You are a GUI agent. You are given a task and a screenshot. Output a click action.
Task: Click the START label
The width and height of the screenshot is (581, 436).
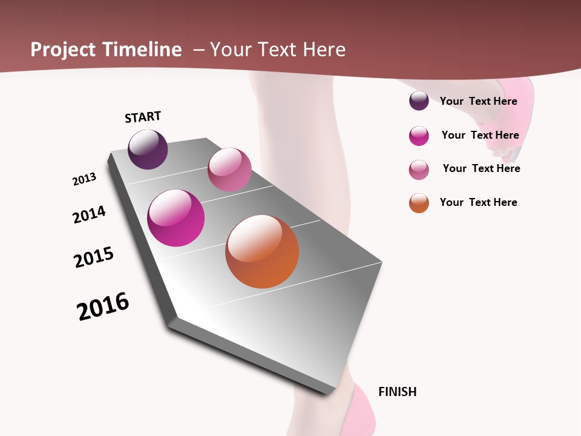tap(143, 117)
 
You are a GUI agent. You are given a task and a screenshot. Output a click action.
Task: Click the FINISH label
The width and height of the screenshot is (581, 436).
tap(397, 392)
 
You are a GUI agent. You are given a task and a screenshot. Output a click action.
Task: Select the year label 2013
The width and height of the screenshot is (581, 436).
tap(84, 179)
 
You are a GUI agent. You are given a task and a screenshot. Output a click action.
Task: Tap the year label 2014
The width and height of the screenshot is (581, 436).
tap(89, 214)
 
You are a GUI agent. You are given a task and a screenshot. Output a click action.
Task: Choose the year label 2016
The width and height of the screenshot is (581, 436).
tap(103, 306)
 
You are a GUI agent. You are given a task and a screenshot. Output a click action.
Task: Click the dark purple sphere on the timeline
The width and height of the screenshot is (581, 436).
tap(148, 150)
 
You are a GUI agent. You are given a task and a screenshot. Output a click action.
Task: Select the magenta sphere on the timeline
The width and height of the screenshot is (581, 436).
tap(176, 218)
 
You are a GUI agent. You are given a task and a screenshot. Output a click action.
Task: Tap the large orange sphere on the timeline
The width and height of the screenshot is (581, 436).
tap(262, 251)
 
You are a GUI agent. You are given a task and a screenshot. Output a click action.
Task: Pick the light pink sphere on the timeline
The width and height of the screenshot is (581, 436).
tap(229, 170)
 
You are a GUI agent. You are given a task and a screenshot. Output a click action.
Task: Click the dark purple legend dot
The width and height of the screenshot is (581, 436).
tap(419, 101)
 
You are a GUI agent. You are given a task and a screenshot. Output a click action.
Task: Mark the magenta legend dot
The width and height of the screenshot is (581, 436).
tap(419, 136)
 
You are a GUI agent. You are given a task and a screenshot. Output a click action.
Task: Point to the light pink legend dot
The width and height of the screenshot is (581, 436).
tap(419, 170)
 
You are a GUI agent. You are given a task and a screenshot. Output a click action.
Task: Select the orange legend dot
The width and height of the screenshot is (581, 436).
tap(419, 203)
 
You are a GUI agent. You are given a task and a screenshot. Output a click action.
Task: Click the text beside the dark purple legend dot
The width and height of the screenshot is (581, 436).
tap(478, 101)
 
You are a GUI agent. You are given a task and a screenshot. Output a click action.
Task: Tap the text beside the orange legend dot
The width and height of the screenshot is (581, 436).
tap(478, 202)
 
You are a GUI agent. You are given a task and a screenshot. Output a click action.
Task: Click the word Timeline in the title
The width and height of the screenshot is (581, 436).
tap(142, 50)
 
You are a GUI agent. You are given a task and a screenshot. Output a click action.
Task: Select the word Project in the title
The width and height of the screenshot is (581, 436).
tap(63, 50)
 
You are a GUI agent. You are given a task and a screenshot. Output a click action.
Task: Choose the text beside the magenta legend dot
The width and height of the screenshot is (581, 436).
tap(480, 135)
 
